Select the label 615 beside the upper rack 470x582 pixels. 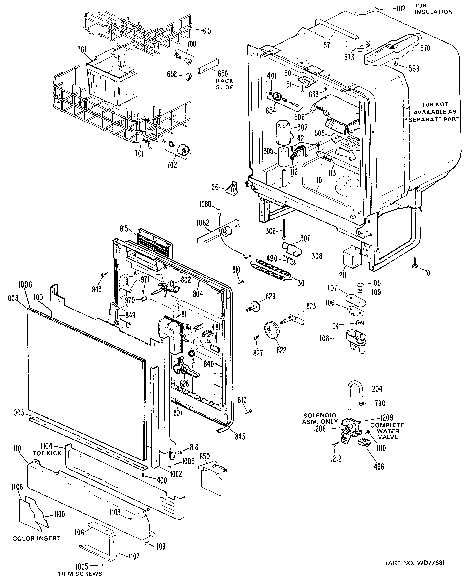(x=207, y=31)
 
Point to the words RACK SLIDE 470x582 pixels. (x=224, y=84)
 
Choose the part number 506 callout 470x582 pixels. (x=299, y=117)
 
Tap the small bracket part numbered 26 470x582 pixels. (x=232, y=188)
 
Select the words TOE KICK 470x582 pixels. (x=47, y=453)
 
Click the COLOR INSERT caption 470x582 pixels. (x=37, y=538)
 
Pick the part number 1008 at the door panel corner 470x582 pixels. (x=12, y=298)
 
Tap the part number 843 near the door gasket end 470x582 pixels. (x=240, y=436)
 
